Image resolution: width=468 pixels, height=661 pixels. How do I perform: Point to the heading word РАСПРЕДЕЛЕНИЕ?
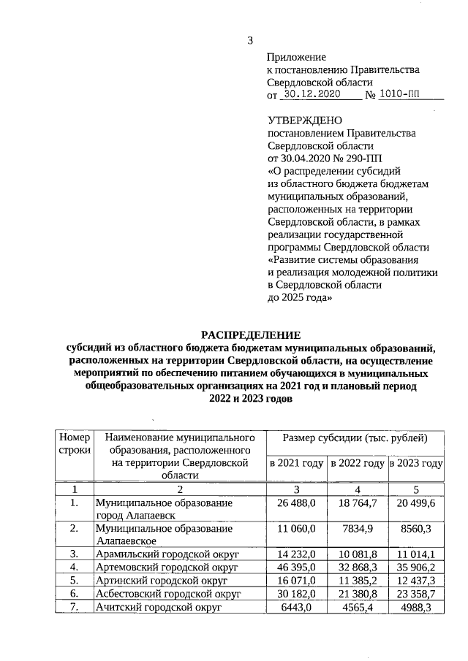[x=250, y=334]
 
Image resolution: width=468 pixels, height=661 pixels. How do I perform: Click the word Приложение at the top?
[x=297, y=56]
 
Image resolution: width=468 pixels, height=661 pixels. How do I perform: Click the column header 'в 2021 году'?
[x=296, y=463]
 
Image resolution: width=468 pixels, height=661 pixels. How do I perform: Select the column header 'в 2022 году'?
[x=357, y=463]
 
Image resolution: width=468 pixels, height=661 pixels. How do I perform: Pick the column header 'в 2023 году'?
[x=416, y=463]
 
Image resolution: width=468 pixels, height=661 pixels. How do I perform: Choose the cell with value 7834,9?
[x=357, y=527]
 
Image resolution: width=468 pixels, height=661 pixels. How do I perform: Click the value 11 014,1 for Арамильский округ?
[x=416, y=553]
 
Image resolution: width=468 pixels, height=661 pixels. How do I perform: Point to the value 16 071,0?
[x=296, y=579]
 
